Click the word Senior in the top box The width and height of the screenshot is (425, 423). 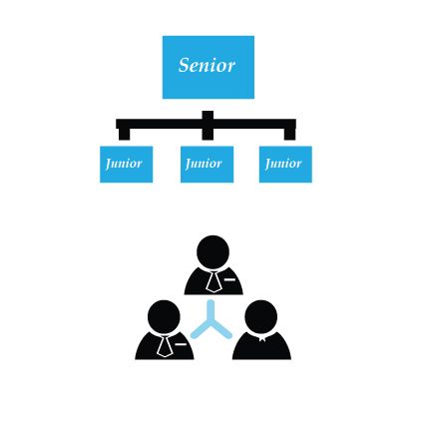pos(207,65)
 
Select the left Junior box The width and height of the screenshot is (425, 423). pos(127,165)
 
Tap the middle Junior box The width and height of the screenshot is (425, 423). pos(207,165)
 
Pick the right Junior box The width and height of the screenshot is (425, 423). pos(285,165)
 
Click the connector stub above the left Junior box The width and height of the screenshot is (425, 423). pos(124,134)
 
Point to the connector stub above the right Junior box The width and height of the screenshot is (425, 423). pos(289,134)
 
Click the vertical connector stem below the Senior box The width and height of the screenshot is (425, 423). pos(208,126)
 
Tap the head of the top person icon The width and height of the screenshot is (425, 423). pos(212,251)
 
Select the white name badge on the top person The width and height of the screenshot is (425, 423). pos(229,279)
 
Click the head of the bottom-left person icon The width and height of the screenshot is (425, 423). pos(164,316)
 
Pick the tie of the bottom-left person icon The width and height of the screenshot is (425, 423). pos(165,346)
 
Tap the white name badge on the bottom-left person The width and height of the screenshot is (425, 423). pos(181,344)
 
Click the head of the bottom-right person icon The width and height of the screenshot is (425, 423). pos(261,316)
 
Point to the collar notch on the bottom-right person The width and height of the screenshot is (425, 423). pos(262,339)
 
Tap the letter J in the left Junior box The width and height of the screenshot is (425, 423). pos(109,164)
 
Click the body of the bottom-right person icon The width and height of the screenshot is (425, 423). pos(261,347)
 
